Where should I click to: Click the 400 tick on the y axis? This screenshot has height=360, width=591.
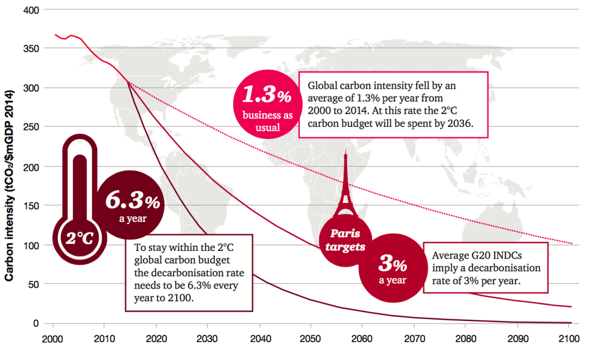[29, 10]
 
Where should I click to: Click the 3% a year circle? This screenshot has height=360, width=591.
[392, 269]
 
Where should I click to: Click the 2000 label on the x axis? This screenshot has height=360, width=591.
[52, 339]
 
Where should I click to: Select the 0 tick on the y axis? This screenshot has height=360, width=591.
[35, 324]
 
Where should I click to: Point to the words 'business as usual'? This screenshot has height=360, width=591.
[265, 121]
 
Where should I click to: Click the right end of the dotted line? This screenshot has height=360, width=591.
[571, 243]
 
